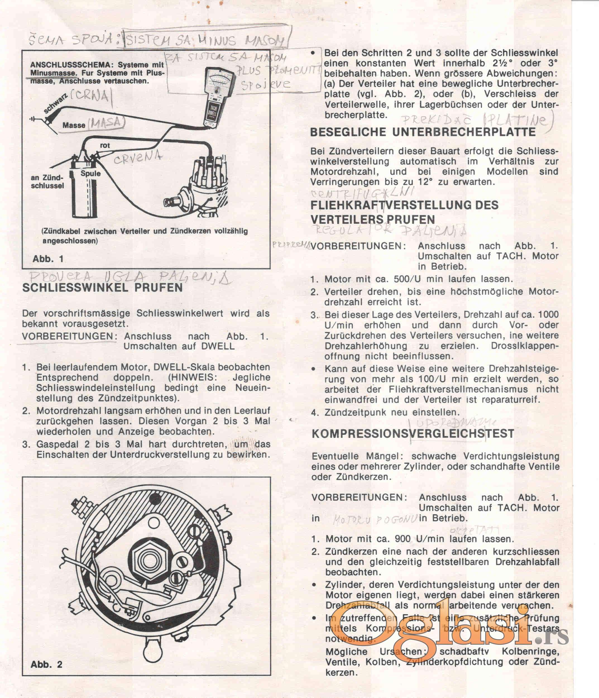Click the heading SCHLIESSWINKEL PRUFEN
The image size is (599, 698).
point(102,288)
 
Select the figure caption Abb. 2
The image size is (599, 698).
point(46,664)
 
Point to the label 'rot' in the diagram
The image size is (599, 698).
point(105,145)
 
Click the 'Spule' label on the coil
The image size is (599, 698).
point(90,173)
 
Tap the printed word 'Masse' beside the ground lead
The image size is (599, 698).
point(74,125)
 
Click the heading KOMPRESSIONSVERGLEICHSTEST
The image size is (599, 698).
point(413,434)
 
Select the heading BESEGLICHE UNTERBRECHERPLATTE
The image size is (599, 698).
point(423,132)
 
